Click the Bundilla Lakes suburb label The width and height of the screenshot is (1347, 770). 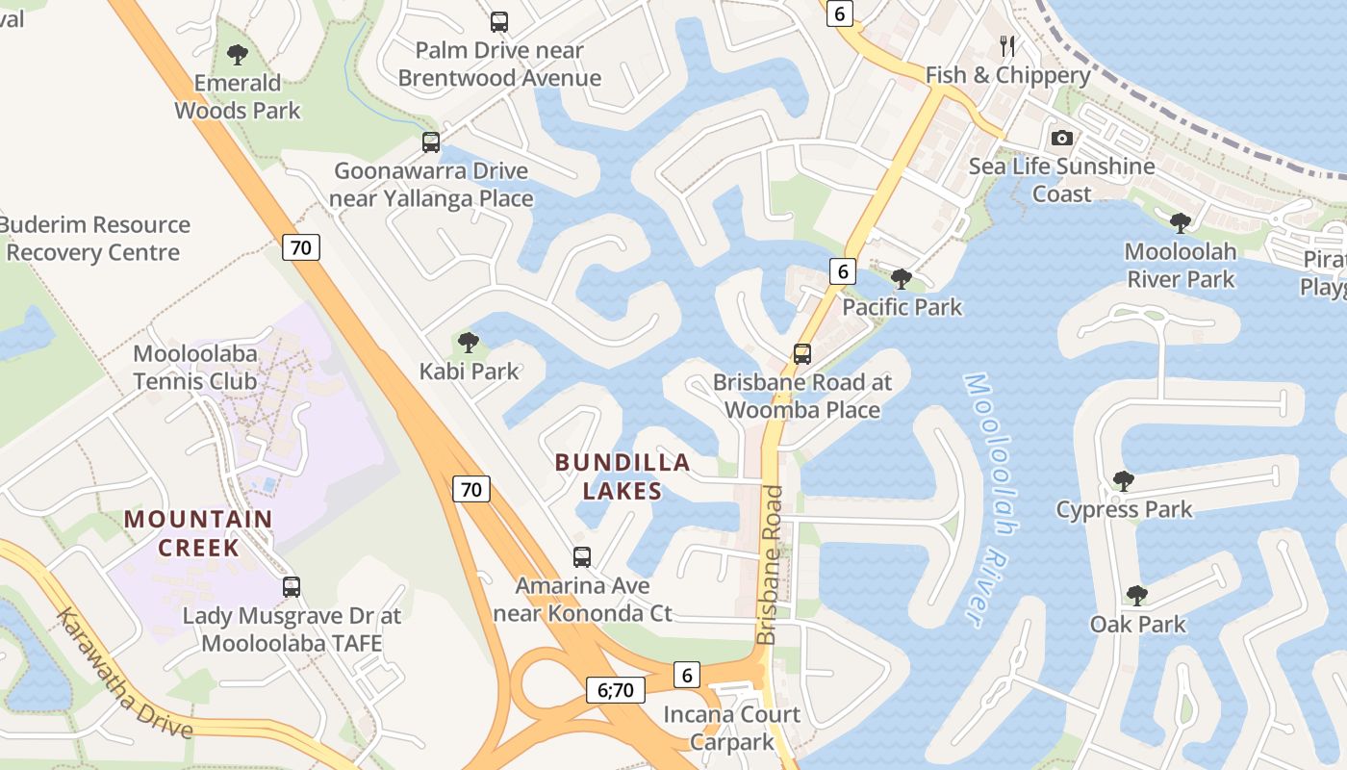coord(623,476)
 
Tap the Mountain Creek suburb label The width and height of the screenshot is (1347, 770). coord(198,533)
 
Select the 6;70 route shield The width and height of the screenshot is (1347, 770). coord(616,689)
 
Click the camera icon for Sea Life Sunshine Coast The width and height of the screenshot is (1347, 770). coord(1061,138)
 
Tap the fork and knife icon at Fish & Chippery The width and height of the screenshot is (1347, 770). coord(1007,45)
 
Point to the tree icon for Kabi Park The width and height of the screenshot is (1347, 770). coord(469,342)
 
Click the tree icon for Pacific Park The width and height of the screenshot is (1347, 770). coord(902,279)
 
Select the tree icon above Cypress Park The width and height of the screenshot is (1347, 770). coord(1123,480)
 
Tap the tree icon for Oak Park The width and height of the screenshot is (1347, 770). coord(1137,596)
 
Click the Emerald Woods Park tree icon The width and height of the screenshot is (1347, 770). coord(237,55)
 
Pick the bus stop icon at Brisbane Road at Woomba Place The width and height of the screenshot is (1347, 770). coord(802,353)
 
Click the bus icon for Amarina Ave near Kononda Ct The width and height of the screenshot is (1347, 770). coord(582,556)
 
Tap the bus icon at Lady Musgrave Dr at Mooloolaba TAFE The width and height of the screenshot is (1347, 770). coord(292,586)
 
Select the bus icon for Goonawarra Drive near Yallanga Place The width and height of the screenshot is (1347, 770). coord(431,142)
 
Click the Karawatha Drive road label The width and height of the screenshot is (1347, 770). coord(124,674)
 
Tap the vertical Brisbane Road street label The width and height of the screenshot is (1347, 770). coord(769,565)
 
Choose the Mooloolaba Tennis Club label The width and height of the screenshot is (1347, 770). coord(195,367)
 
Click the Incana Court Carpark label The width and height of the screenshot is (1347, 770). coord(731,728)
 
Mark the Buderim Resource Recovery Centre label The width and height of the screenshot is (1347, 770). coord(94,239)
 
